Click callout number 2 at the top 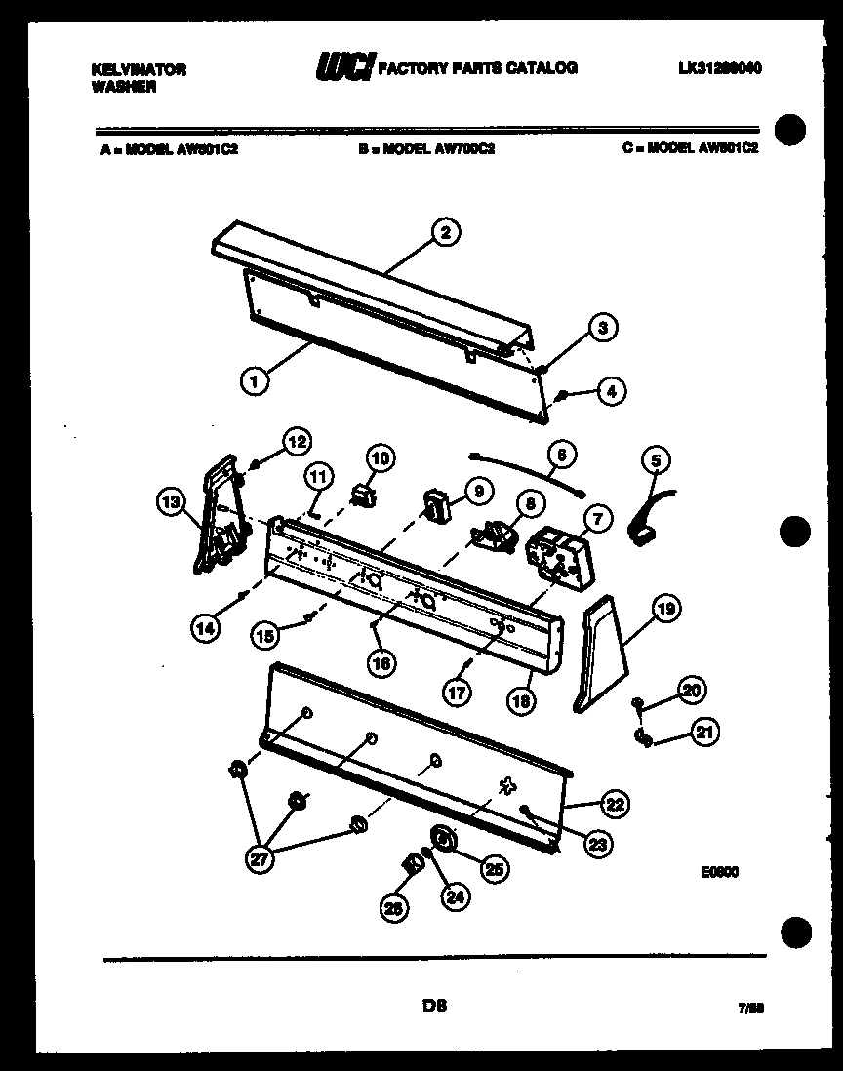pos(445,232)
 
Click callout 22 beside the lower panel pos(614,805)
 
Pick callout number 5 pos(656,460)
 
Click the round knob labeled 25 pos(444,838)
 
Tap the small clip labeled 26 pos(411,861)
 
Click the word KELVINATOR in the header pos(138,70)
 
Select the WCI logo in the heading pos(341,67)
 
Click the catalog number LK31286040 pos(718,69)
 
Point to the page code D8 pos(434,1005)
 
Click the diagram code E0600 pos(718,873)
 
